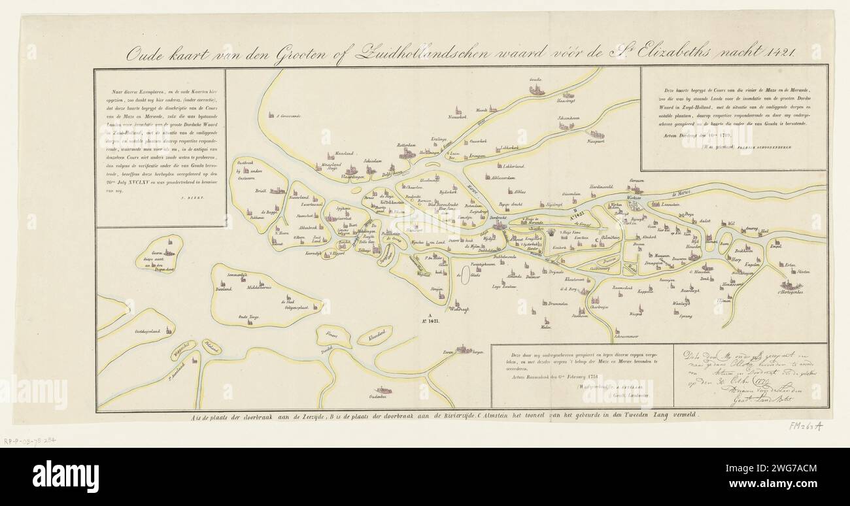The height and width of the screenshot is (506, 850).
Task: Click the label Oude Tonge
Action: [250, 316]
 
